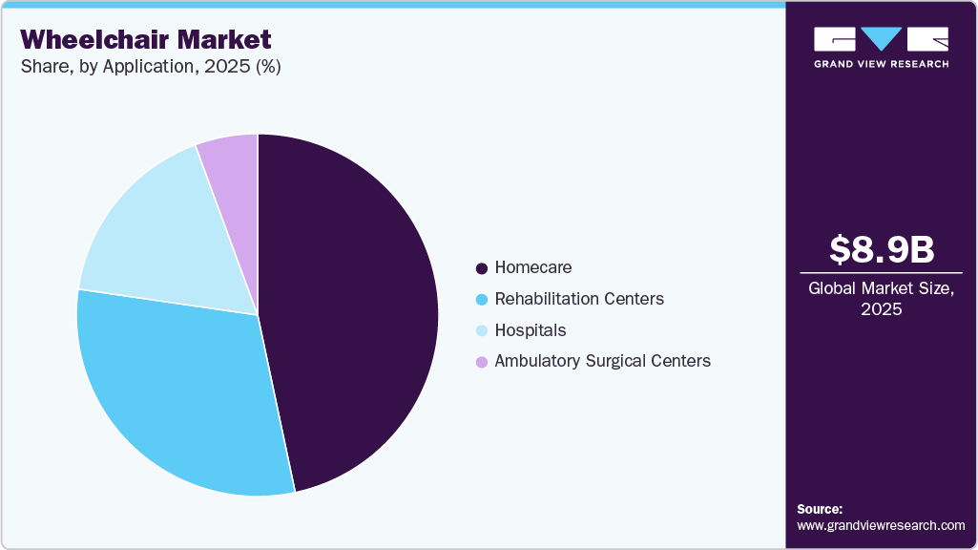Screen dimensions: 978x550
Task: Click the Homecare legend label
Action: (533, 267)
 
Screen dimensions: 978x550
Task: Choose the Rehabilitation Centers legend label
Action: (579, 299)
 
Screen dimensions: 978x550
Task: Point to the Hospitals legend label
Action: (531, 330)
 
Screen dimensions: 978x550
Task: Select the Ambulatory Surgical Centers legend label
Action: (602, 361)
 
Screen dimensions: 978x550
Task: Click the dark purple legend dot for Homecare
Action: (482, 268)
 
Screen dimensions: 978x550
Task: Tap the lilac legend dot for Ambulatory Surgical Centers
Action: (482, 362)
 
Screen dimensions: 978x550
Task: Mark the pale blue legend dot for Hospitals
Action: (482, 331)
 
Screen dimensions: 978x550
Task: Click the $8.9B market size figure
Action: (882, 249)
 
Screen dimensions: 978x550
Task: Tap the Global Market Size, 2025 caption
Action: (882, 299)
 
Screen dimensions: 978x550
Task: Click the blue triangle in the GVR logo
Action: (882, 38)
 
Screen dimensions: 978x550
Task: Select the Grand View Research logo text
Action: (882, 64)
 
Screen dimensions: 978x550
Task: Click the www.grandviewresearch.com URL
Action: (881, 526)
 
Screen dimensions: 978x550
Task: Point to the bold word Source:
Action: (820, 510)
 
